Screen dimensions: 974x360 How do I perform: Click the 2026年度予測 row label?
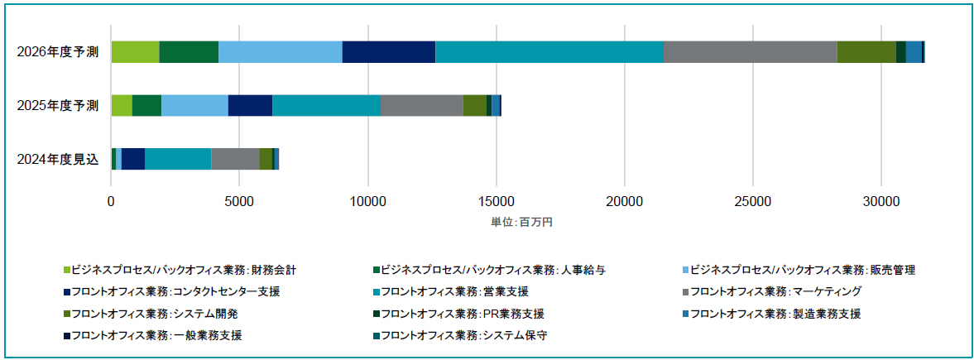tap(58, 52)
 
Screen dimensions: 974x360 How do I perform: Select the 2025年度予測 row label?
tap(58, 106)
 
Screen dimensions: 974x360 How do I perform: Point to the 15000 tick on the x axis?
tap(497, 201)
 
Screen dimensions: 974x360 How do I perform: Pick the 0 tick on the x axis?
tap(111, 201)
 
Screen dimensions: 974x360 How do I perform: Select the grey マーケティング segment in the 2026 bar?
tap(751, 52)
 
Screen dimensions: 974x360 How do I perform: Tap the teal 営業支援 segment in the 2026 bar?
tap(549, 52)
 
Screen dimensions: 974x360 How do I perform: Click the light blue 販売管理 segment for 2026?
tap(281, 52)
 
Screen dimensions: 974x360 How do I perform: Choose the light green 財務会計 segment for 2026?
tap(136, 52)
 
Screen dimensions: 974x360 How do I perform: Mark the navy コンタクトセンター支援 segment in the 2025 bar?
tap(251, 106)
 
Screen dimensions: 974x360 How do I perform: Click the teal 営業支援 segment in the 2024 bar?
tap(178, 159)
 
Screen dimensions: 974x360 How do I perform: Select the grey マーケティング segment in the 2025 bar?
tap(422, 106)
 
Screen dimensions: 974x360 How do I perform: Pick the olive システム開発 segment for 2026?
tap(866, 52)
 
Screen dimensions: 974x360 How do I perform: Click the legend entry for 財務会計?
tap(180, 270)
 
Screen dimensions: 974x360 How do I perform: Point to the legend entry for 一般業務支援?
tap(152, 336)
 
